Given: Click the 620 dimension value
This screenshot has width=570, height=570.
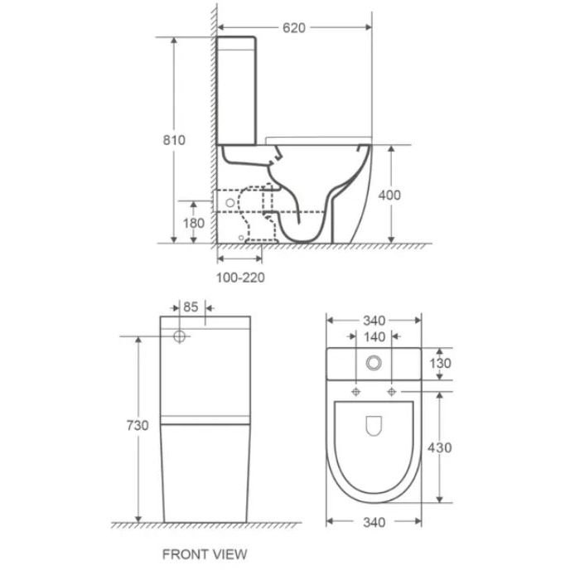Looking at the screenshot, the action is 294,28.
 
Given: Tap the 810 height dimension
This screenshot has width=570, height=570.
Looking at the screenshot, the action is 174,140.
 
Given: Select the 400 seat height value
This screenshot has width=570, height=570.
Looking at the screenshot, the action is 389,196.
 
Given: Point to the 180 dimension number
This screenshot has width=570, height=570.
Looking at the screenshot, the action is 193,223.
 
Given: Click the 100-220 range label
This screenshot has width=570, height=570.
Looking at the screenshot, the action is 240,278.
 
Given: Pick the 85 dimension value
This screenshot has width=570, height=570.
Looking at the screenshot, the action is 191,307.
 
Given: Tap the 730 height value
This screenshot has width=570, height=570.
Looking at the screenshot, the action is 138,425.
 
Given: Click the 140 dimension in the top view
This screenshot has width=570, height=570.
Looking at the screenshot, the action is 374,337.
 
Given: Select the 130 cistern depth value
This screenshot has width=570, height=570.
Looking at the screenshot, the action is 440,363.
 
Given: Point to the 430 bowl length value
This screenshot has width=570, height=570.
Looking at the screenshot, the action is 439,448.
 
